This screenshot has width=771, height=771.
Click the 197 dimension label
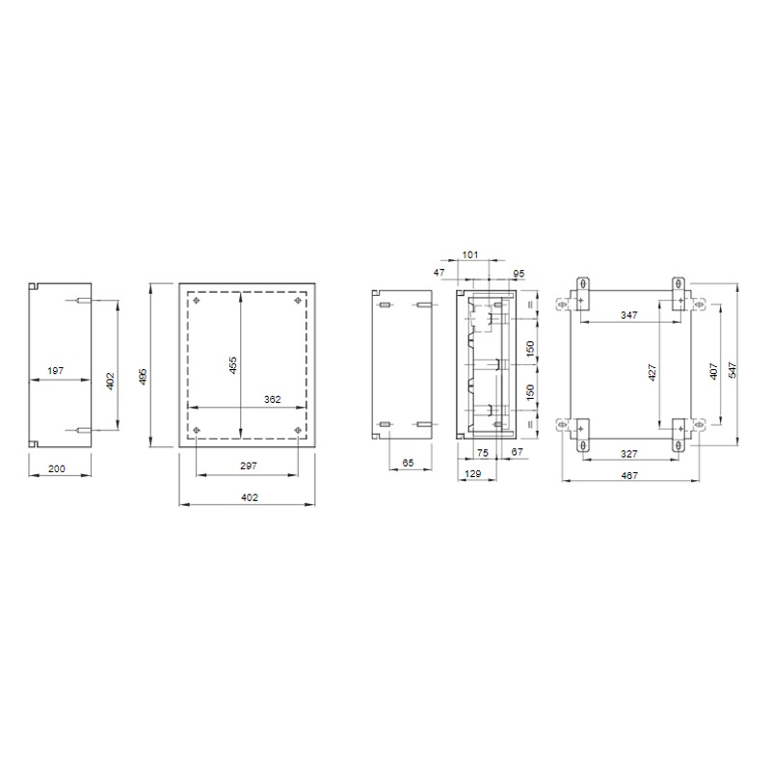click(x=56, y=371)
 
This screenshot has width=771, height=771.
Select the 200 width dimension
click(x=57, y=468)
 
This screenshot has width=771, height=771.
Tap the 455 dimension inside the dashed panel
click(x=233, y=365)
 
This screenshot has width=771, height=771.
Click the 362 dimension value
click(x=273, y=399)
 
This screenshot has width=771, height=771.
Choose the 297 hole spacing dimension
click(x=249, y=465)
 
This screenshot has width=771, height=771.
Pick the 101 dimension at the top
click(x=470, y=254)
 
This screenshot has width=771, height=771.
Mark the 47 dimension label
click(x=439, y=272)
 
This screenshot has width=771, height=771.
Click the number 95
click(x=518, y=274)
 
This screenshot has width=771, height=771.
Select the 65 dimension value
click(x=408, y=463)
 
